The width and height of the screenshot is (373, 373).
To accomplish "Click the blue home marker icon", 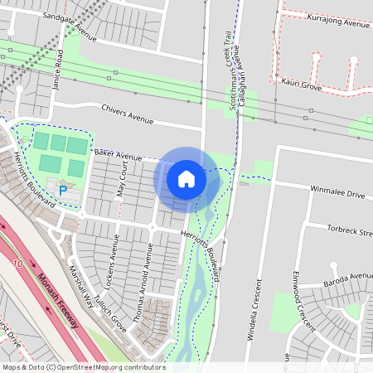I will tap(186, 179).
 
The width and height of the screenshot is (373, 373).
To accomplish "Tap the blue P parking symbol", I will tap(63, 191).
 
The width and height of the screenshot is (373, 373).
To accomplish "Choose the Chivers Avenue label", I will tap(128, 114).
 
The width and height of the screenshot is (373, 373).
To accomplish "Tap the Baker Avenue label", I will tap(119, 154).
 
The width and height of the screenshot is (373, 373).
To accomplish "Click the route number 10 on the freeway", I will tap(17, 264).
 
